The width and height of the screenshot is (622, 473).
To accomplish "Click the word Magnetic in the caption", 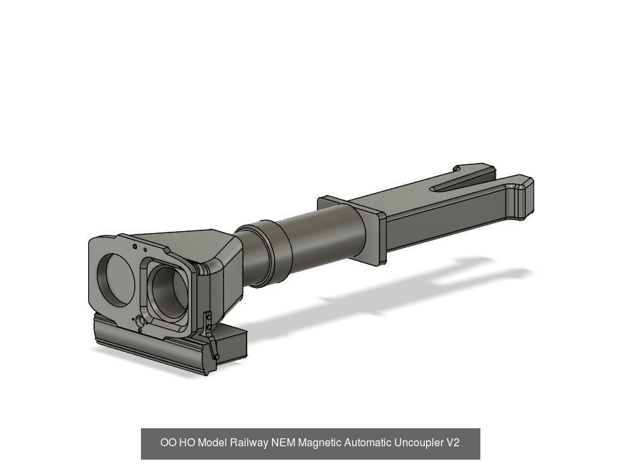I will (x=320, y=442).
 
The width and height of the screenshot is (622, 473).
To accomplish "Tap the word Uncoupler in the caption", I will (x=418, y=442).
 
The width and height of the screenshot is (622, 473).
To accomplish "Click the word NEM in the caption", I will (x=283, y=442).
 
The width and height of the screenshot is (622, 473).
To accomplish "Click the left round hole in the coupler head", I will (x=116, y=280).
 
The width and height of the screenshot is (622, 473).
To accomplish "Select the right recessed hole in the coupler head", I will (x=170, y=293).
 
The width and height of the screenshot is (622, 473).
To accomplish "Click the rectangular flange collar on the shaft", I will (x=353, y=228).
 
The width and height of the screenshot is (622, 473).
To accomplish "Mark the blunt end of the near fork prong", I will (x=526, y=197).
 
